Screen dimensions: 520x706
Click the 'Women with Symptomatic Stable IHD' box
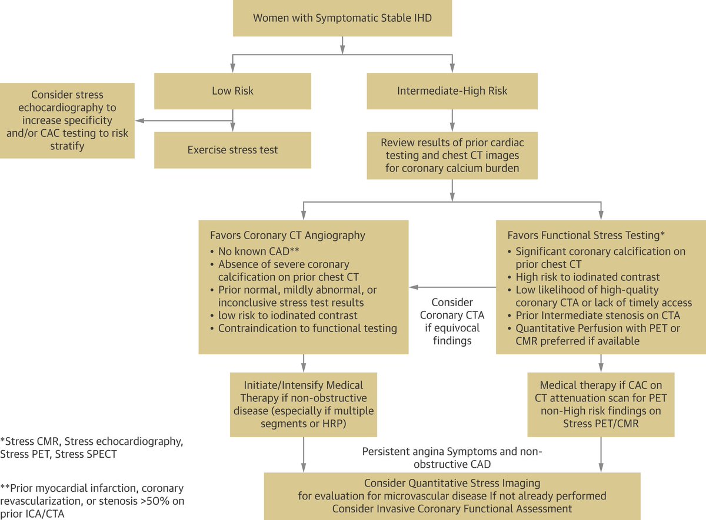[x=342, y=18]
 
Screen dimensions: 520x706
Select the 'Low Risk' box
[x=232, y=91]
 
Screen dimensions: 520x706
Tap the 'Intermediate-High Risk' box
[x=452, y=91]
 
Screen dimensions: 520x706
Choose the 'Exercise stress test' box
[x=232, y=150]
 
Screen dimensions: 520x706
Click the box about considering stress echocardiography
[x=67, y=120]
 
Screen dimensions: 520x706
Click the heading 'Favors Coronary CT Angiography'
[x=287, y=236]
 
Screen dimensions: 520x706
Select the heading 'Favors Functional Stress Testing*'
[x=585, y=236]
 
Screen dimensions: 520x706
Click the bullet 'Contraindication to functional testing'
[x=307, y=328]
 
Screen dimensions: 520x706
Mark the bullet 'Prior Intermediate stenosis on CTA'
[x=597, y=316]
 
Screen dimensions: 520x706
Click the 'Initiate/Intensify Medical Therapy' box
[x=304, y=404]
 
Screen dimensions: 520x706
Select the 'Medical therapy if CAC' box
[x=600, y=404]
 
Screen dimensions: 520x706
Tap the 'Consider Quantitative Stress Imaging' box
[x=452, y=495]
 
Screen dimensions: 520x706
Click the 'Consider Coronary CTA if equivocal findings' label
[x=452, y=321]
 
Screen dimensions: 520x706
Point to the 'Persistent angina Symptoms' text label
[x=451, y=457]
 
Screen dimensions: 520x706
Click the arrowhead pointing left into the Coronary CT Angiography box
[x=414, y=287]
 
